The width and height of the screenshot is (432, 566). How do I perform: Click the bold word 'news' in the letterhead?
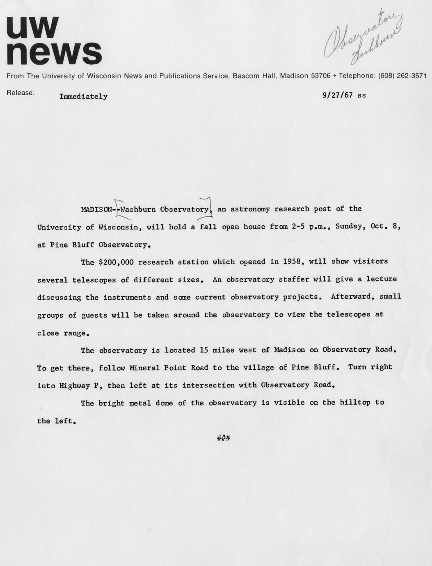point(54,53)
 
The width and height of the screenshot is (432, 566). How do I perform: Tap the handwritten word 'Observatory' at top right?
point(361,35)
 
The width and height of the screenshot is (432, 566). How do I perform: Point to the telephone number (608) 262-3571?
point(402,76)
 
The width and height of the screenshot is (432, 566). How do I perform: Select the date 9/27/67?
point(338,95)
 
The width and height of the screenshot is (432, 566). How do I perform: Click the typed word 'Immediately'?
point(83,97)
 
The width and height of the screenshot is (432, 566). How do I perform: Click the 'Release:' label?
point(21,93)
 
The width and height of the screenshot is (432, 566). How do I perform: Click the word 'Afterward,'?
point(352,296)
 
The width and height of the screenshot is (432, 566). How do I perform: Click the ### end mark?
point(224,438)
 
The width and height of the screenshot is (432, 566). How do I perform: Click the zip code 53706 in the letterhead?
point(320,76)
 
